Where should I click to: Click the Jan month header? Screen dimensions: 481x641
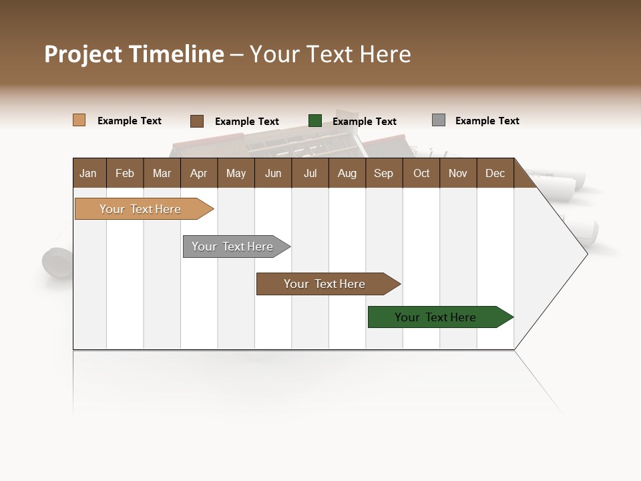88,173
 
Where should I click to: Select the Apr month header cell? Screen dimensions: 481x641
198,173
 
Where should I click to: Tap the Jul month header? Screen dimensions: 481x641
310,173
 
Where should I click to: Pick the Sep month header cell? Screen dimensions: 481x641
383,173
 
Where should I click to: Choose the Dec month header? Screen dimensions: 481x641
495,173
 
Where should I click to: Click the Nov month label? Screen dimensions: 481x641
457,173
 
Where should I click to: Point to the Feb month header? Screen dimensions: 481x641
125,173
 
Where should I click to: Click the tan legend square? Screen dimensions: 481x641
79,120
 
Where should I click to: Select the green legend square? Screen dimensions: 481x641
315,120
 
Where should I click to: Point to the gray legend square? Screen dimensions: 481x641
439,120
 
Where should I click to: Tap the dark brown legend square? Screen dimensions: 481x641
197,121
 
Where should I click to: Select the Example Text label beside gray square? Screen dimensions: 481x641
487,121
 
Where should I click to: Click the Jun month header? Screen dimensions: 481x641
272,173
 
